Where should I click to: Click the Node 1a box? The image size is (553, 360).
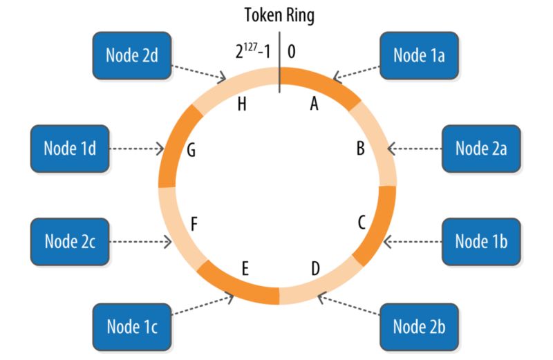[x=418, y=55]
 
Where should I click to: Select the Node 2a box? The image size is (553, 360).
[x=481, y=148]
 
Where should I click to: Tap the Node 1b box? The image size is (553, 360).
[x=481, y=241]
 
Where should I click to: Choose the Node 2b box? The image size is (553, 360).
[x=418, y=325]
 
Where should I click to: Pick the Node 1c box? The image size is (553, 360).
[x=132, y=326]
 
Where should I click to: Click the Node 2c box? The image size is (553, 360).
[x=70, y=241]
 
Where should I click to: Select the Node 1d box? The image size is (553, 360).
[x=70, y=148]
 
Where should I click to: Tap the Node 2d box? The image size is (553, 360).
[x=132, y=55]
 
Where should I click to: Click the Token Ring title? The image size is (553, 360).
[x=279, y=15]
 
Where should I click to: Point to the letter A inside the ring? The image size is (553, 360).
[x=315, y=104]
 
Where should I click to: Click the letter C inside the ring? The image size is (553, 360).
[x=361, y=222]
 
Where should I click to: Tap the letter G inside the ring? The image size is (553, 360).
[x=191, y=150]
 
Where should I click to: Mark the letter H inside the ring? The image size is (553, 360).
[x=241, y=104]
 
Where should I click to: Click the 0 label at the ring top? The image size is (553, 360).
[x=292, y=53]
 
